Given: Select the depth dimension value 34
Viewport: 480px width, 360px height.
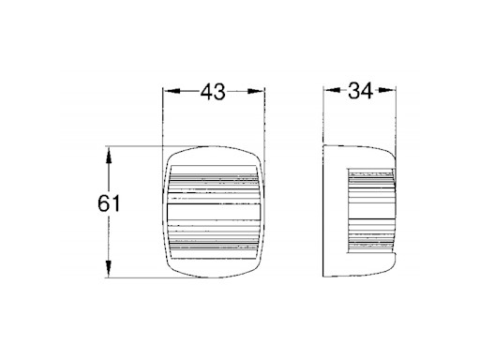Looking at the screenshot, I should pyautogui.click(x=360, y=91).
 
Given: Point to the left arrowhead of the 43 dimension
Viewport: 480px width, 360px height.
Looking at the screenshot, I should pyautogui.click(x=169, y=91).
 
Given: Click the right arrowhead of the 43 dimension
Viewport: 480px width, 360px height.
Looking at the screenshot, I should pyautogui.click(x=261, y=91).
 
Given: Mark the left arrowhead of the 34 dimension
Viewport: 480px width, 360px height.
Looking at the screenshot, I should pyautogui.click(x=328, y=91).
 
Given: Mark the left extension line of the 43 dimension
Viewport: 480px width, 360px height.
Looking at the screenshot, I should pyautogui.click(x=163, y=117).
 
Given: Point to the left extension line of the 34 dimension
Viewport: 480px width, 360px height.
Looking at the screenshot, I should pyautogui.click(x=323, y=117).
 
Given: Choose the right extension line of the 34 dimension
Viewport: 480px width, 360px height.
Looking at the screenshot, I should pyautogui.click(x=397, y=117).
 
